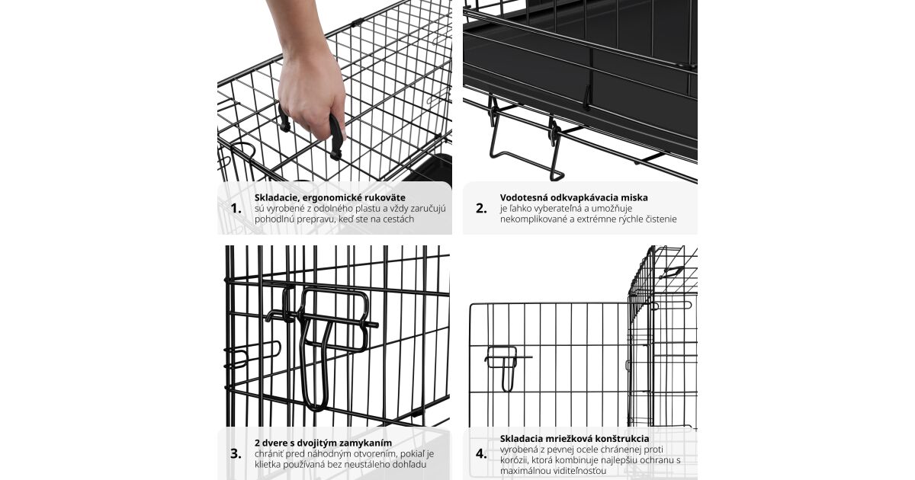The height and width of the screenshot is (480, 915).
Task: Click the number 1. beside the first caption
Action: click(236, 209)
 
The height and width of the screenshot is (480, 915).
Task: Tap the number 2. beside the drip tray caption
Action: click(481, 209)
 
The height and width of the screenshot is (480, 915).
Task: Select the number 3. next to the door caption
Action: click(236, 454)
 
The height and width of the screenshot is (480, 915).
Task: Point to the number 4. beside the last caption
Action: click(481, 454)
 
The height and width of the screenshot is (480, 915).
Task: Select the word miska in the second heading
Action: click(636, 197)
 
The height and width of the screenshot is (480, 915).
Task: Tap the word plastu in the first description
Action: click(370, 209)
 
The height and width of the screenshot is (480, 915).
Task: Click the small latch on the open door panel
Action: click(506, 365)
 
